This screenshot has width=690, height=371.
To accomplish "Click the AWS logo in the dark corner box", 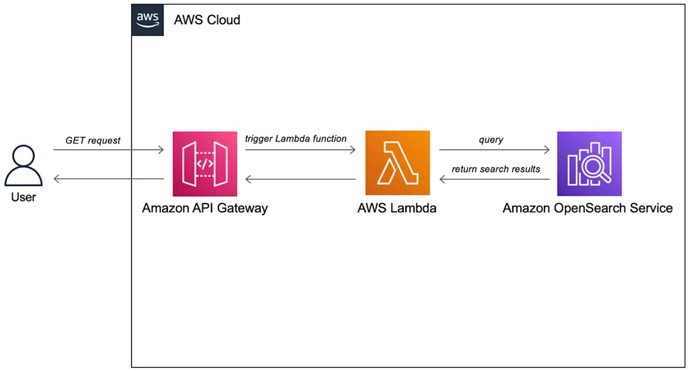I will pyautogui.click(x=147, y=20).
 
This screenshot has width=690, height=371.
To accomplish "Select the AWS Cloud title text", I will pyautogui.click(x=207, y=20).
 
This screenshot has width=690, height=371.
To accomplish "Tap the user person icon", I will pyautogui.click(x=23, y=166).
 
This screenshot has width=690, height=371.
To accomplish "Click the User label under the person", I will pyautogui.click(x=23, y=197).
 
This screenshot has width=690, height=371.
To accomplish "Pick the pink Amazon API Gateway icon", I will pyautogui.click(x=205, y=163).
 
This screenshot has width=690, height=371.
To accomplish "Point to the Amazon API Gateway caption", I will pyautogui.click(x=205, y=208).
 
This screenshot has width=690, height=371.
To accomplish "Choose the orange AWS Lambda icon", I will pyautogui.click(x=397, y=163).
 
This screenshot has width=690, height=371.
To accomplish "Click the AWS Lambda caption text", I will pyautogui.click(x=397, y=208).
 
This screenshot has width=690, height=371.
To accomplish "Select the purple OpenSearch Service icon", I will pyautogui.click(x=589, y=163).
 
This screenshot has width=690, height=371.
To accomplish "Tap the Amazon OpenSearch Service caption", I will pyautogui.click(x=588, y=208).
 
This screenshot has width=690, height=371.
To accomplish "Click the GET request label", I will pyautogui.click(x=93, y=140).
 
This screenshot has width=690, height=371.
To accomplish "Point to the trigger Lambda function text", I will pyautogui.click(x=296, y=139).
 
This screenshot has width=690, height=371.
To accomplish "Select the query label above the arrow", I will pyautogui.click(x=490, y=140).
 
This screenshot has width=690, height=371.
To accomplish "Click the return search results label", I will pyautogui.click(x=496, y=169).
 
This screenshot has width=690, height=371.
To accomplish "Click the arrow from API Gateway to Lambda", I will pyautogui.click(x=300, y=150).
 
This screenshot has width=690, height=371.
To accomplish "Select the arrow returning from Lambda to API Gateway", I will pyautogui.click(x=300, y=179).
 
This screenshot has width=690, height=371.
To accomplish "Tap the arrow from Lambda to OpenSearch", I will pyautogui.click(x=494, y=150).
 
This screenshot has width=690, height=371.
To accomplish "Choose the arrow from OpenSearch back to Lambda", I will pyautogui.click(x=494, y=179).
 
